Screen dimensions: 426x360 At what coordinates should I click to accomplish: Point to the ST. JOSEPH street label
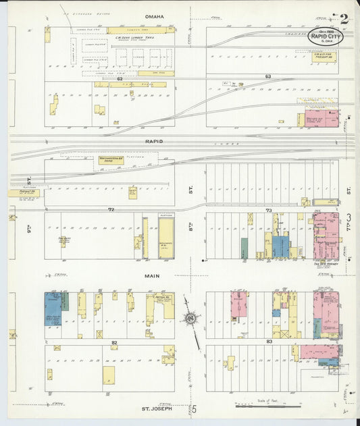coord(157,408)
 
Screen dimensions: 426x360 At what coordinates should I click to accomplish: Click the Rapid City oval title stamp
coord(326,37)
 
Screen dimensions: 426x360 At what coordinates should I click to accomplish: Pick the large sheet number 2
coord(344,19)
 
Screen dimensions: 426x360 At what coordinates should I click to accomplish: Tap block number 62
coord(119,78)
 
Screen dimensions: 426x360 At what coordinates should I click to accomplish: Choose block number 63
coord(267,76)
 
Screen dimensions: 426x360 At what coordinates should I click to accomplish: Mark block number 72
coord(110,210)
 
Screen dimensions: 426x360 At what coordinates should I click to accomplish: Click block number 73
coord(268,211)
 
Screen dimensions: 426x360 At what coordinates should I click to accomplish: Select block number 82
coord(115,343)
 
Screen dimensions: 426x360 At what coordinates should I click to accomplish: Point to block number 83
coord(269,343)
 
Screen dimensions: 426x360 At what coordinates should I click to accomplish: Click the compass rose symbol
coord(192,318)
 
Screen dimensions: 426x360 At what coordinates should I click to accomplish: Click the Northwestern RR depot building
coord(113,160)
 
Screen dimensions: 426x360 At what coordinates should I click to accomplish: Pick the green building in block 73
coord(244,247)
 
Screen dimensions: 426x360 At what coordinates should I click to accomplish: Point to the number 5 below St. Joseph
coord(194,409)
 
